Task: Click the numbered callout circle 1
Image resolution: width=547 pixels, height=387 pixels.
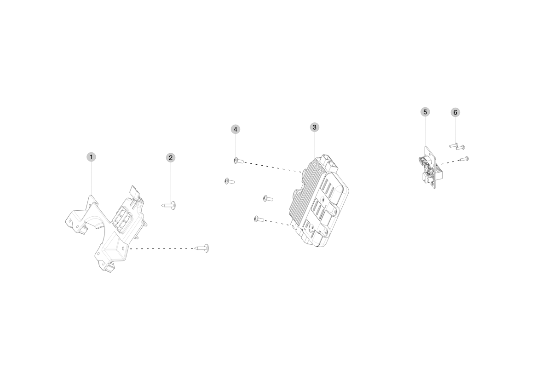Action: tap(91, 157)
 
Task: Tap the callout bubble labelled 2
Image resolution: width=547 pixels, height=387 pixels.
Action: tap(171, 158)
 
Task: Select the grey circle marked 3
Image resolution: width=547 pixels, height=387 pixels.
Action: tap(314, 127)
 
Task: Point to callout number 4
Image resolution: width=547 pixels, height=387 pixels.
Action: tap(236, 129)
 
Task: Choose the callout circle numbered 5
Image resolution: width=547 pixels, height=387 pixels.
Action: tap(425, 112)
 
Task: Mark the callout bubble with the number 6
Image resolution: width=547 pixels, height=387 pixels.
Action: tap(455, 112)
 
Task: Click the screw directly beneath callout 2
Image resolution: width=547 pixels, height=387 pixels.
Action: tap(169, 206)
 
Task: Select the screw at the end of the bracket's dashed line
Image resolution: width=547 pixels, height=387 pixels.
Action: tap(202, 248)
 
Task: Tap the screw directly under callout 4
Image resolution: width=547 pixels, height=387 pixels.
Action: tap(239, 161)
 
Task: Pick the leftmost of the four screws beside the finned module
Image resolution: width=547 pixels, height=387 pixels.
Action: tap(229, 181)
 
